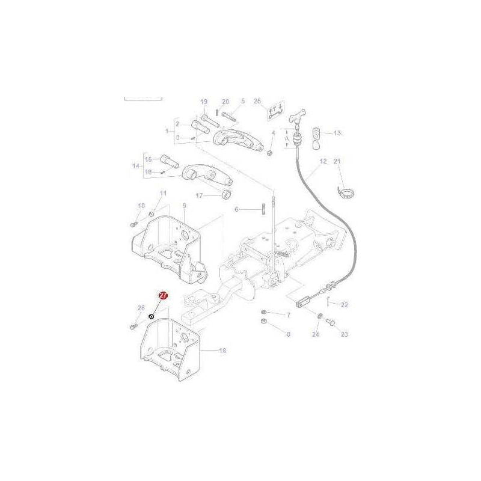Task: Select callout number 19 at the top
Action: tap(203, 102)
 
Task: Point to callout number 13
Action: tap(337, 132)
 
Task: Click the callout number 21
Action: tap(337, 161)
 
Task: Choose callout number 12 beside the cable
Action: tap(323, 161)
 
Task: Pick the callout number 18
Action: tap(222, 350)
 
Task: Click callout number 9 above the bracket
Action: tap(184, 206)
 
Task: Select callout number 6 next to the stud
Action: tap(237, 209)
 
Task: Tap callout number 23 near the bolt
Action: tap(345, 334)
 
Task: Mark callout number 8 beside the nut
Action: tap(287, 334)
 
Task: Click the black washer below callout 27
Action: tap(152, 317)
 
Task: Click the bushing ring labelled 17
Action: tap(227, 193)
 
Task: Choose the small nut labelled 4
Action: tap(270, 151)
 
